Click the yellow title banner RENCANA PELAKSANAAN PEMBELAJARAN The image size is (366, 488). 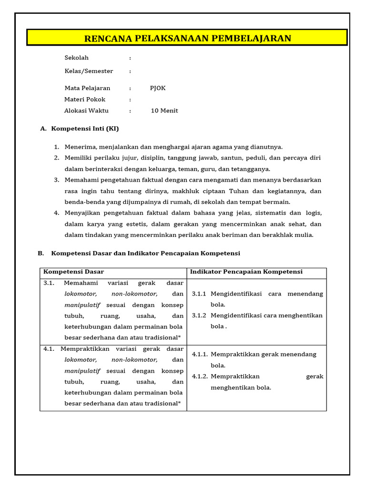click(x=187, y=38)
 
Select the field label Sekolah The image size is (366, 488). click(x=77, y=58)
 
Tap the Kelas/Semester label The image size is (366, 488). click(x=89, y=71)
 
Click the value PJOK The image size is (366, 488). click(x=158, y=88)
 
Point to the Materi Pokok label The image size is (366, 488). click(x=85, y=100)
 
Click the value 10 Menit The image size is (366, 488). click(x=164, y=111)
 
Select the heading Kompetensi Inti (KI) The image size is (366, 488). click(x=85, y=129)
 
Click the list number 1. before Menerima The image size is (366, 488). click(x=56, y=147)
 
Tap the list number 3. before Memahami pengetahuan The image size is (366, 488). click(x=56, y=180)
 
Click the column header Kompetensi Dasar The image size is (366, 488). click(x=73, y=272)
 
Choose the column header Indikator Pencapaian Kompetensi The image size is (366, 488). click(x=246, y=272)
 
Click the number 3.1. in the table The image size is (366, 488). click(x=49, y=283)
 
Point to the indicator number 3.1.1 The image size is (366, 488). click(x=199, y=294)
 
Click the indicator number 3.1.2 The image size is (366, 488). click(x=199, y=315)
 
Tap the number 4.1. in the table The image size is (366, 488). click(x=49, y=349)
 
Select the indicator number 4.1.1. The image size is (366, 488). click(x=200, y=355)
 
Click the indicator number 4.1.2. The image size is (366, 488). click(x=200, y=376)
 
